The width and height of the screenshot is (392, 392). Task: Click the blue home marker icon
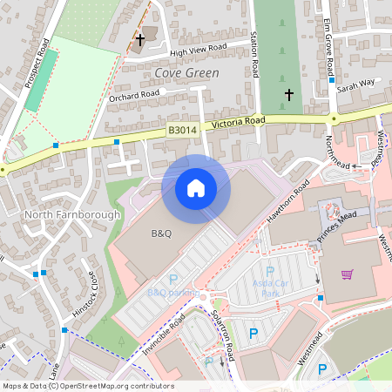[196, 188]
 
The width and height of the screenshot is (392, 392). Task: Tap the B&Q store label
[162, 233]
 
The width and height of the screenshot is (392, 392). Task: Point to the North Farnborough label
[60, 214]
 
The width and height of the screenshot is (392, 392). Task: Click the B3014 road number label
[183, 131]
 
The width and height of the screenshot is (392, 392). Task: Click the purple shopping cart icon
[348, 274]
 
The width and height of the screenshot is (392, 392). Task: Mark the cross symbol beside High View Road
[140, 39]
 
